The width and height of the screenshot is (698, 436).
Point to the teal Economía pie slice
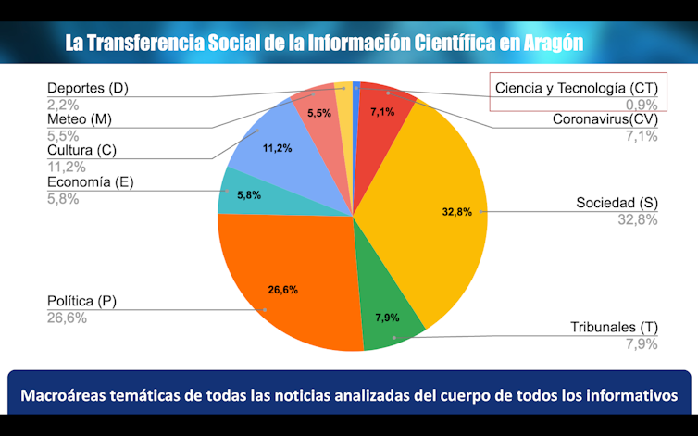(243, 196)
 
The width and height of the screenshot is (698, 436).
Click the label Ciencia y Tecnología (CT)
(575, 88)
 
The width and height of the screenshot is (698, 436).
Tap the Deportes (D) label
(87, 89)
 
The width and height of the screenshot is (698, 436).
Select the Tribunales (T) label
(613, 327)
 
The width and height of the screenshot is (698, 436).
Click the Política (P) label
(81, 301)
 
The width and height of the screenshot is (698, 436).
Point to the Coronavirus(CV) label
(605, 119)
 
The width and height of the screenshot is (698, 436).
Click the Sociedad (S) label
(617, 203)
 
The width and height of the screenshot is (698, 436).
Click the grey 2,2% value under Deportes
(63, 105)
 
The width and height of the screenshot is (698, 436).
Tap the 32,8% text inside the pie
(457, 211)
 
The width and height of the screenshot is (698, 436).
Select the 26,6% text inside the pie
(282, 290)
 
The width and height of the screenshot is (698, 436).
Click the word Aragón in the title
(550, 43)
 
